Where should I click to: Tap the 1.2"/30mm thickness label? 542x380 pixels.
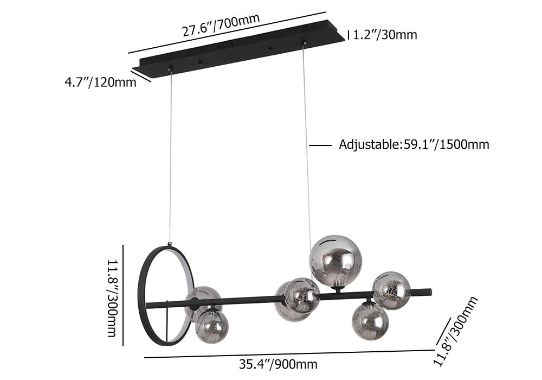tap(385, 35)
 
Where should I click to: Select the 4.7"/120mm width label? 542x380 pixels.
tap(100, 83)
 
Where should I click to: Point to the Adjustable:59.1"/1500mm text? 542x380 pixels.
tap(414, 144)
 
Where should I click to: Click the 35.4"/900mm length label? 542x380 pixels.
tap(278, 364)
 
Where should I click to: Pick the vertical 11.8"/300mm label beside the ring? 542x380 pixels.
tap(111, 299)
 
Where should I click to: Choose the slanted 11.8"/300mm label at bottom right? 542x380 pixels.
tap(456, 331)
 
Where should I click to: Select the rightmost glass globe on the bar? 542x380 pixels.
tap(391, 290)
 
